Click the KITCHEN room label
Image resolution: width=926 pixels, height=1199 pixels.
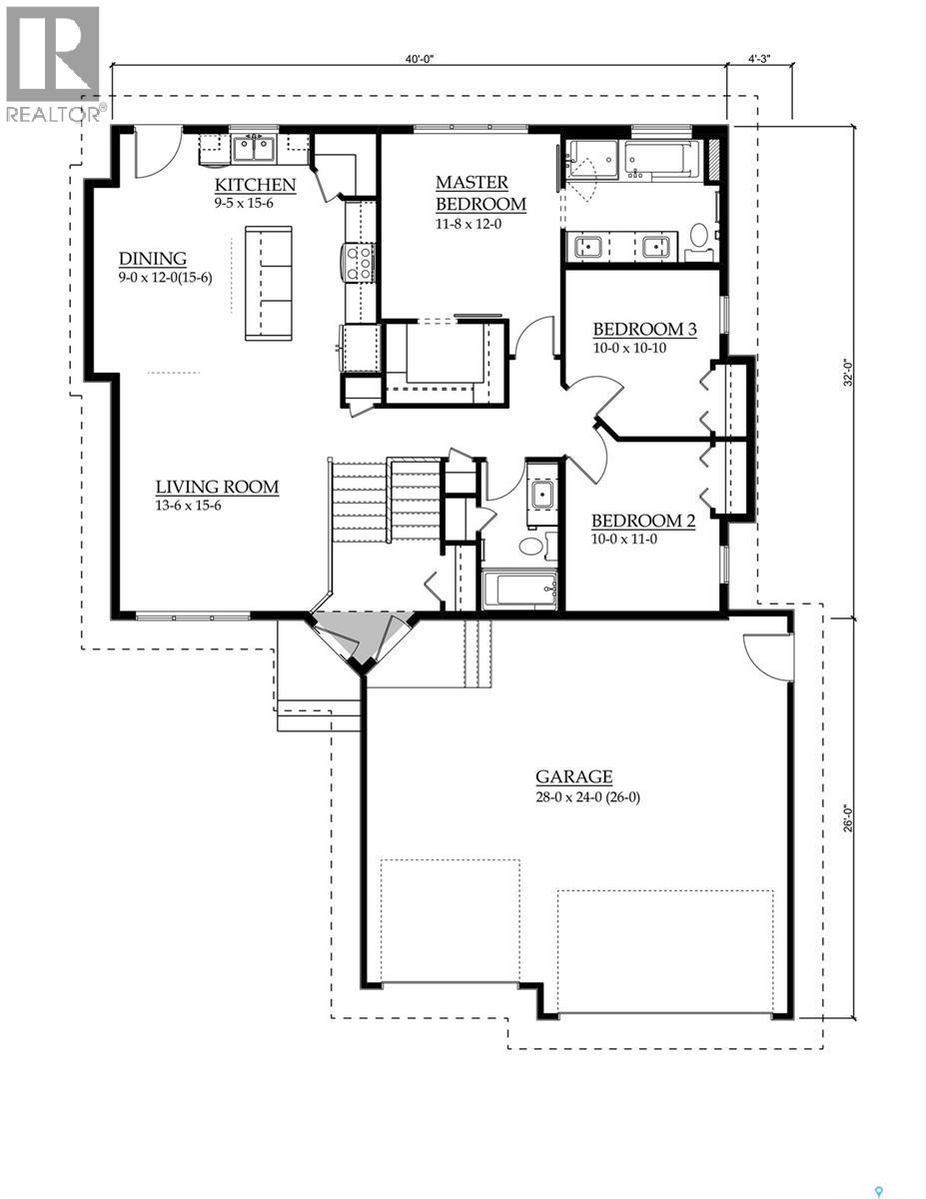point(256,185)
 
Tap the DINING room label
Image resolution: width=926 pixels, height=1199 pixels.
point(153,259)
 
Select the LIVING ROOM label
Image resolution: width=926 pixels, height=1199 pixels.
point(217,488)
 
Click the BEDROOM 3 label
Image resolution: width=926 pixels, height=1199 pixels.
point(644,330)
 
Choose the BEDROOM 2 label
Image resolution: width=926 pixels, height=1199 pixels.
point(643,521)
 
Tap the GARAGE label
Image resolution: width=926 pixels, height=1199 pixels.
point(573,776)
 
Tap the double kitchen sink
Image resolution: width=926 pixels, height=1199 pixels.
point(254,149)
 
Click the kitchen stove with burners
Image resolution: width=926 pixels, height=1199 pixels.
point(359,262)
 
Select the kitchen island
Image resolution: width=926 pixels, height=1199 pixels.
point(269,283)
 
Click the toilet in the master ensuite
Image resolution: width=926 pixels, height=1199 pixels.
point(698,236)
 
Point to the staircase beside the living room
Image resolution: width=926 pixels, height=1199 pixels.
point(386,500)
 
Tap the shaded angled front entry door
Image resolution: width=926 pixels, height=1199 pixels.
point(363,636)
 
